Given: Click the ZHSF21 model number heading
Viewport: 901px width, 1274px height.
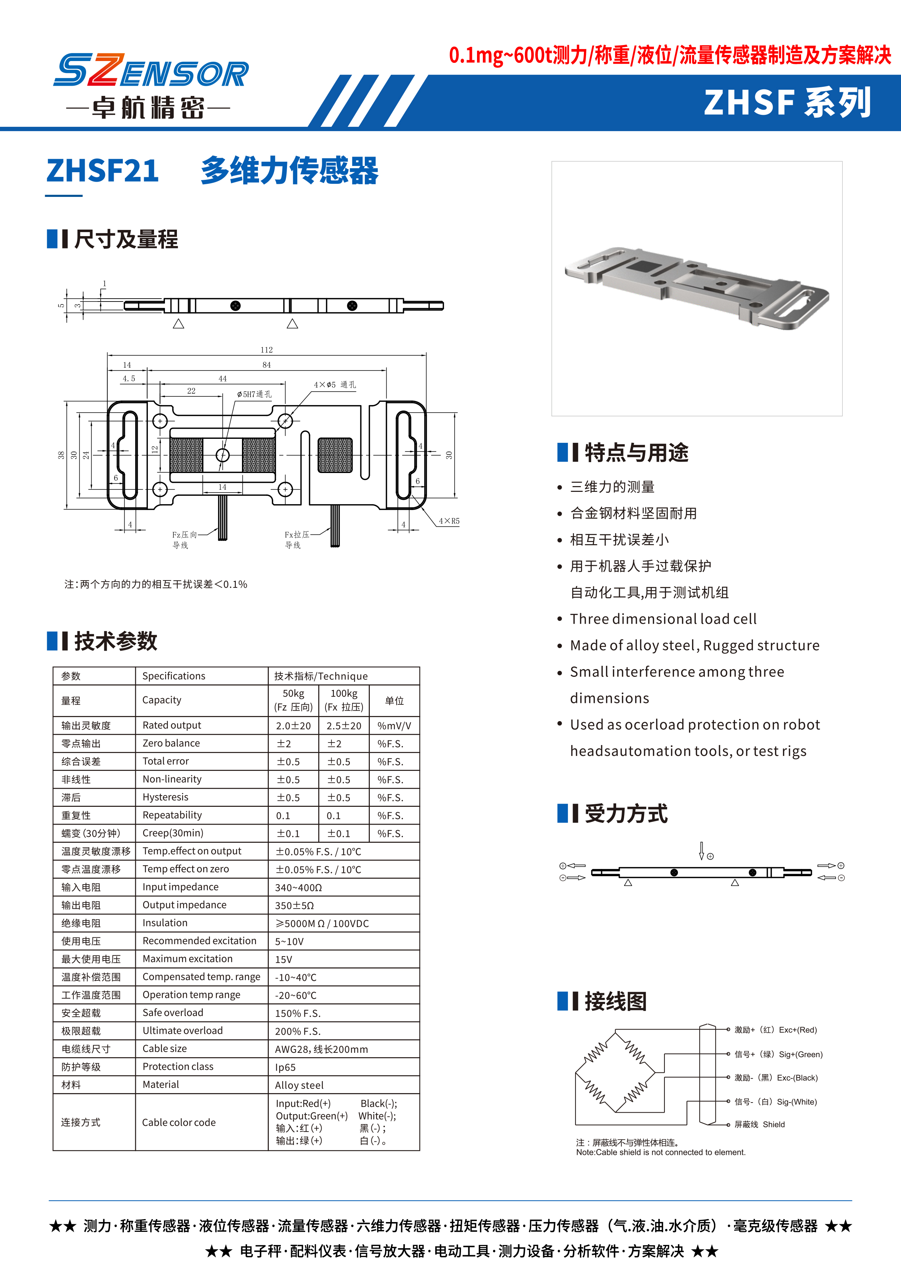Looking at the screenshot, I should pyautogui.click(x=103, y=170).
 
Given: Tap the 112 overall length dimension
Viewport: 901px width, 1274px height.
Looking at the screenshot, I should pyautogui.click(x=266, y=349).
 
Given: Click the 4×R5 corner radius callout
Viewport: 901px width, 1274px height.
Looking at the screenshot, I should pyautogui.click(x=449, y=521).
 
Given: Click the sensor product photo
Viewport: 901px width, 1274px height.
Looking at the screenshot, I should pyautogui.click(x=696, y=288).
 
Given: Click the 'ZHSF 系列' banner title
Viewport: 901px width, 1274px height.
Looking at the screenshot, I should pyautogui.click(x=787, y=103).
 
